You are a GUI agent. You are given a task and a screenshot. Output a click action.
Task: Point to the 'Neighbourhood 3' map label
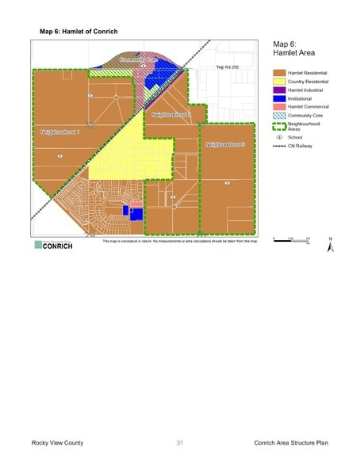point(225,146)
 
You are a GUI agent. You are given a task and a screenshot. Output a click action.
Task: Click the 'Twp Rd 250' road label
point(227,78)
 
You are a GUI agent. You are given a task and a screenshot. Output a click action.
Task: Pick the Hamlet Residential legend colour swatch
point(279,72)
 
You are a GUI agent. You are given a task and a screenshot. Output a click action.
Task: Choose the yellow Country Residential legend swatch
point(279,81)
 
